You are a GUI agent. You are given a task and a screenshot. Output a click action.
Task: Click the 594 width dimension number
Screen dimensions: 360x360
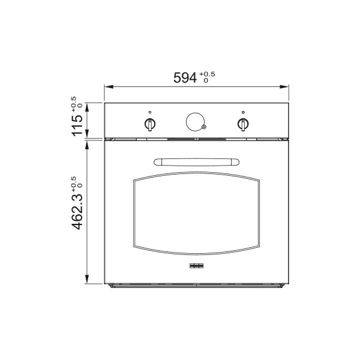(x=185, y=77)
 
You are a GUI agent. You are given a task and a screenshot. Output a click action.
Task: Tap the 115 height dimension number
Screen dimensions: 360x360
(x=77, y=125)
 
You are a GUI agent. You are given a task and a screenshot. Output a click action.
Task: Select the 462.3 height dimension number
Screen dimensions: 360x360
(x=77, y=211)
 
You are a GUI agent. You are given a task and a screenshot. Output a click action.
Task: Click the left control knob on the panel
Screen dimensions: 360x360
(x=150, y=124)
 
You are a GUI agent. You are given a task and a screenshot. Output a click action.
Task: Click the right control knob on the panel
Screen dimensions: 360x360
(x=242, y=124)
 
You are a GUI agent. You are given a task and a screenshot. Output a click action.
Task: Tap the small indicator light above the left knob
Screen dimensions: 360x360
(x=150, y=112)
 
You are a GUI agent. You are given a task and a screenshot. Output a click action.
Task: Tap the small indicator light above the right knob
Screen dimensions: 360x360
(x=243, y=112)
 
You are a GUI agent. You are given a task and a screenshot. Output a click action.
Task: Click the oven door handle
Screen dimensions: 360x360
(x=197, y=162)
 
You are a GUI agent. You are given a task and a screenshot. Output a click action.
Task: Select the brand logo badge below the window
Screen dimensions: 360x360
(x=197, y=266)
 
